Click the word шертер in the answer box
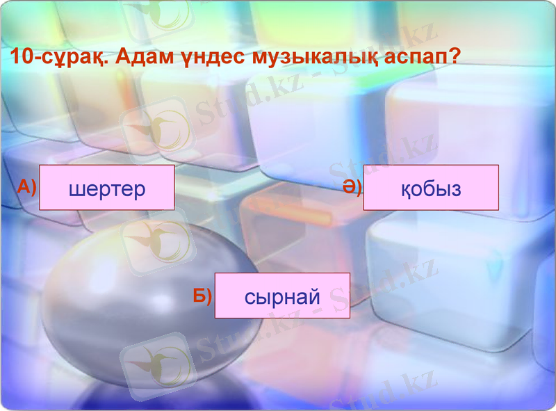point(107,188)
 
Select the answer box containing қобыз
point(431,188)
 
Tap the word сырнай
point(282,297)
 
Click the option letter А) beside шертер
point(26,186)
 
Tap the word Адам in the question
point(148,56)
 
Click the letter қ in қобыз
point(406,189)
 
